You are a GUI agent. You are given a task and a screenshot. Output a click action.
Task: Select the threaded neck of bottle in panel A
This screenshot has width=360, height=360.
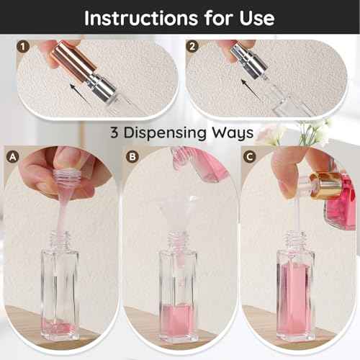pyautogui.click(x=60, y=239)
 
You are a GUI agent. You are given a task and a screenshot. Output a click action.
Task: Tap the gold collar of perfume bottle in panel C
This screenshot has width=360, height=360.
pyautogui.click(x=327, y=186)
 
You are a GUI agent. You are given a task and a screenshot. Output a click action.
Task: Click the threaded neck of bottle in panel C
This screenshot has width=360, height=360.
pyautogui.click(x=295, y=239)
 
